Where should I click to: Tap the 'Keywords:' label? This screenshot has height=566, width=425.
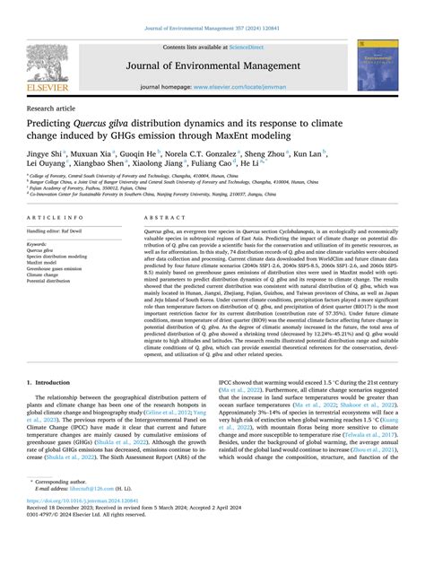(x=38, y=243)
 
